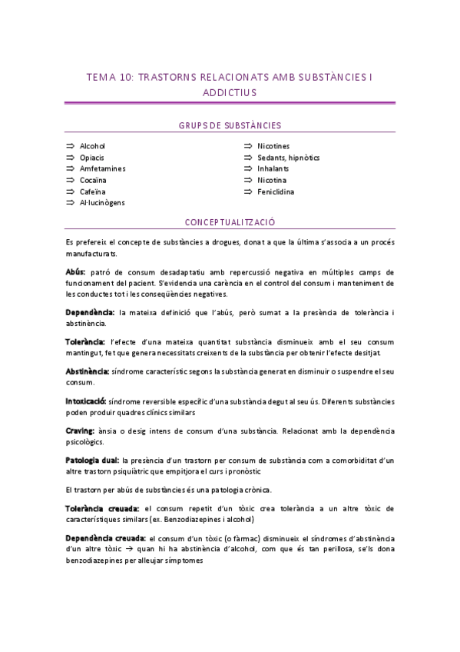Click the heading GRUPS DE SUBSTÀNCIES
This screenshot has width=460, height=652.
(230, 125)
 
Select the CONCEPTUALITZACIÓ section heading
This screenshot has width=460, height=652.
(230, 222)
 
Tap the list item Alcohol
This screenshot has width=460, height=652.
(92, 146)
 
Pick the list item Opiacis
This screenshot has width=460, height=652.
(91, 158)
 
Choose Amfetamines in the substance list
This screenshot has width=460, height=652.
(102, 168)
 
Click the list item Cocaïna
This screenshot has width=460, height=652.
(93, 180)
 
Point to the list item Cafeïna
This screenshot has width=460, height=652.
(93, 191)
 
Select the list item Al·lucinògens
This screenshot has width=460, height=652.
(102, 203)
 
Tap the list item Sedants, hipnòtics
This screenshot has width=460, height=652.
(288, 158)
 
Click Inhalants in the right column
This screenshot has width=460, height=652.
(273, 168)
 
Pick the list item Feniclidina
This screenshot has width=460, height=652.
(276, 191)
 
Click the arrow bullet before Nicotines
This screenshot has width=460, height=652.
(248, 146)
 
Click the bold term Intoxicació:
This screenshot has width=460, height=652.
(86, 401)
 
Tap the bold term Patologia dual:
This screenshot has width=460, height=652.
(92, 461)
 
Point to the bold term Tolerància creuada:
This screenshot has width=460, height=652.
(102, 509)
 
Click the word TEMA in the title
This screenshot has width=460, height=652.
(99, 77)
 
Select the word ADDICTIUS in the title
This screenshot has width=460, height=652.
(230, 92)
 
